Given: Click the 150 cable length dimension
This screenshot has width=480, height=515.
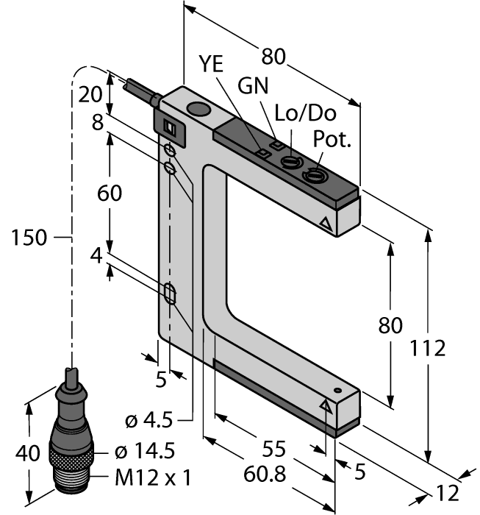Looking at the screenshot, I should coord(29,237).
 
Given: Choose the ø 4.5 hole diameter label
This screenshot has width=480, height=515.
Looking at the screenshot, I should coord(148,421).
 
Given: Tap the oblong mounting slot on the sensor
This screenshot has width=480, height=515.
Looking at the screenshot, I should coord(171,294).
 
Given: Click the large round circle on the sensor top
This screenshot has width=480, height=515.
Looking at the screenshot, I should coord(197,111).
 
